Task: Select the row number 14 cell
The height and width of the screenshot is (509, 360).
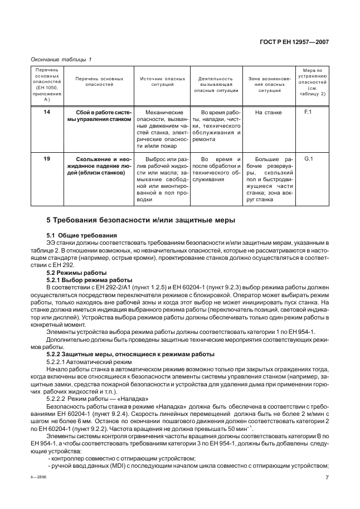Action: tap(47, 113)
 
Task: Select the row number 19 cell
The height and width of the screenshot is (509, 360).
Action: tap(47, 159)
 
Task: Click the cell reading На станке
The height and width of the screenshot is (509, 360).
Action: tap(268, 113)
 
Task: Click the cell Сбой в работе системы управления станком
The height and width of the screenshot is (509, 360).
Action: tap(99, 116)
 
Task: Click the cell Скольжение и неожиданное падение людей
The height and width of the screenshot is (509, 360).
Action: tap(99, 166)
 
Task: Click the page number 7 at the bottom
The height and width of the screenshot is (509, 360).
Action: tap(327, 477)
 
